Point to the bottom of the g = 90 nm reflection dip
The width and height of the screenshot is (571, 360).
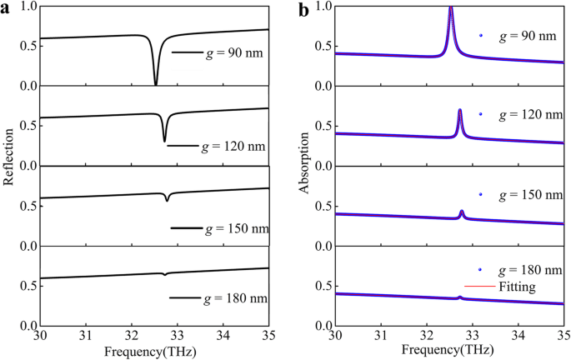coord(156,84)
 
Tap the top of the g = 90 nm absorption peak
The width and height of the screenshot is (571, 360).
coord(451,8)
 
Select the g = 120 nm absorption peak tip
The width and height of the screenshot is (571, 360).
coord(460,110)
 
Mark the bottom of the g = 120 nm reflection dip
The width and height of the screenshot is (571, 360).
coord(164,140)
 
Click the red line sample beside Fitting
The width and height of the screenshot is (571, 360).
coord(483,286)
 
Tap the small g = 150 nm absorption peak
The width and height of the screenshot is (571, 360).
coord(462,212)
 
